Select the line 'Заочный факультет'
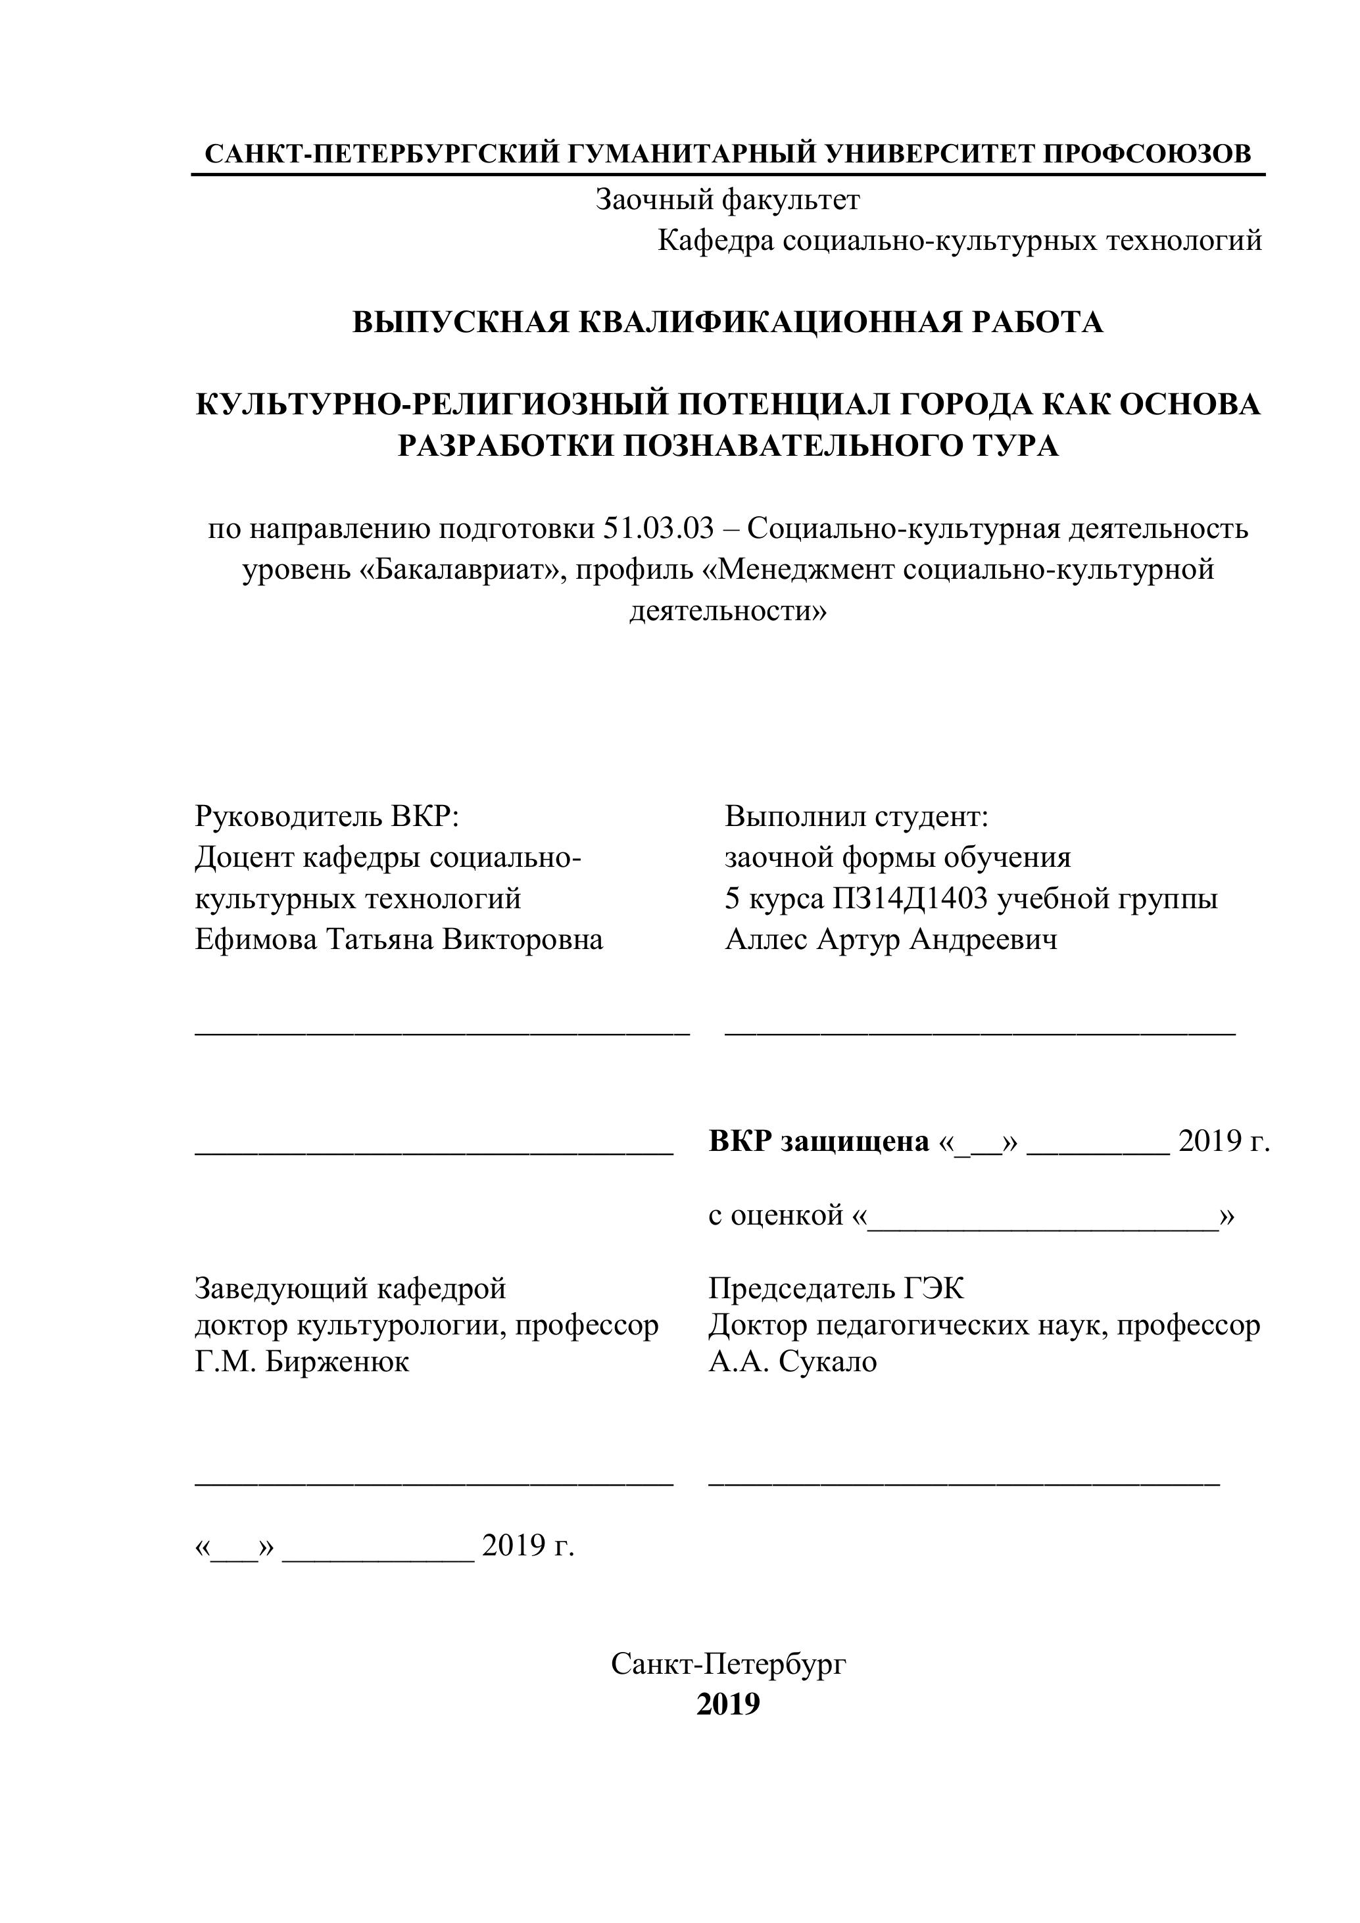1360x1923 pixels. tap(727, 200)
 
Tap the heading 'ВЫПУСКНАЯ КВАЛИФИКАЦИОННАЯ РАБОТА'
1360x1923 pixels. tap(727, 322)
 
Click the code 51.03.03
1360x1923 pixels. tap(659, 529)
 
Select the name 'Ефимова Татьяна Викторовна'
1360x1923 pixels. tap(399, 940)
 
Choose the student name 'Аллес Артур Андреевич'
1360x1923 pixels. tap(891, 940)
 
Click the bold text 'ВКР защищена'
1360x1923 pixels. tap(819, 1141)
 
